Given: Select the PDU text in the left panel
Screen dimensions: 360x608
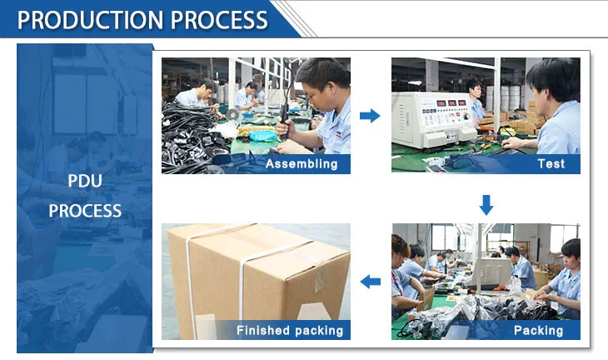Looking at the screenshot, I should (84, 180).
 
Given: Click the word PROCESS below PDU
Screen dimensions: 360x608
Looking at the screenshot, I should (84, 211).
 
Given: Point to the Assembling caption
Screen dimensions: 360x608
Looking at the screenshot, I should (302, 164).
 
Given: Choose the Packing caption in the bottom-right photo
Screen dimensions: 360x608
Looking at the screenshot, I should (538, 330).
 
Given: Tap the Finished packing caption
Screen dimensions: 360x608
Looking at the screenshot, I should (289, 331).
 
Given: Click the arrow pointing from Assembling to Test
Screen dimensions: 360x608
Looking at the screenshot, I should (370, 115).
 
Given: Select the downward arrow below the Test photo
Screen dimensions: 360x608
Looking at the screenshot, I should (486, 203).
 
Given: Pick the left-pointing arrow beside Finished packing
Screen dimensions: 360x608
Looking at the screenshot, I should (370, 281).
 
